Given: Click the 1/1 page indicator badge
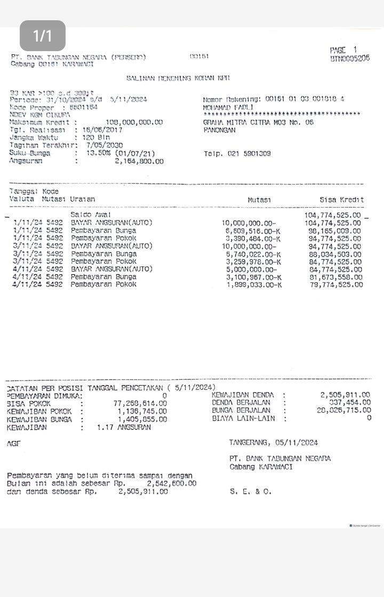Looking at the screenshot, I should [x=43, y=36].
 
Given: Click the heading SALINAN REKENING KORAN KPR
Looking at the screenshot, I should [x=178, y=78].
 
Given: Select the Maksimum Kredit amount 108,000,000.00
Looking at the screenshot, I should [x=134, y=122].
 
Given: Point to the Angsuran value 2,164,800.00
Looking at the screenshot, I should [x=139, y=161].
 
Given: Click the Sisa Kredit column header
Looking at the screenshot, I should [x=341, y=200].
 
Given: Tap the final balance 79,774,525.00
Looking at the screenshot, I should [x=335, y=284].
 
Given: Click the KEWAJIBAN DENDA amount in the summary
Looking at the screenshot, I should [x=345, y=395].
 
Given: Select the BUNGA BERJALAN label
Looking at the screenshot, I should [x=241, y=411].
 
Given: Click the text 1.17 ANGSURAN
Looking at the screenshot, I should [x=124, y=427].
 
